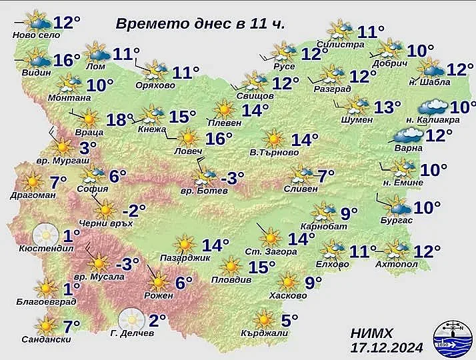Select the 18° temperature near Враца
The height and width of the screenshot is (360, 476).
click(x=116, y=119)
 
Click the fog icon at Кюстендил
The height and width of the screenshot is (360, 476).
click(x=45, y=234)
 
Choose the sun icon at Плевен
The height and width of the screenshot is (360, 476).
click(x=224, y=109)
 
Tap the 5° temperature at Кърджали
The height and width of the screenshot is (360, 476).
click(x=289, y=321)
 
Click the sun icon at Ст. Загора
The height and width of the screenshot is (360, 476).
click(x=270, y=237)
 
